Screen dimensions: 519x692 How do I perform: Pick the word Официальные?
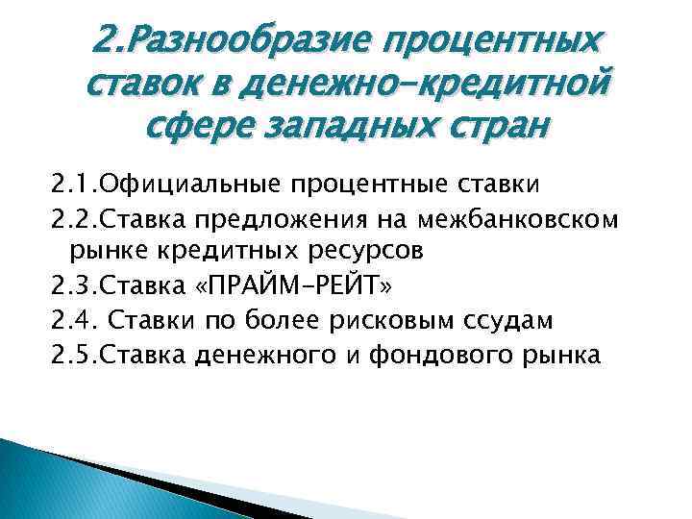coord(193,184)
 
